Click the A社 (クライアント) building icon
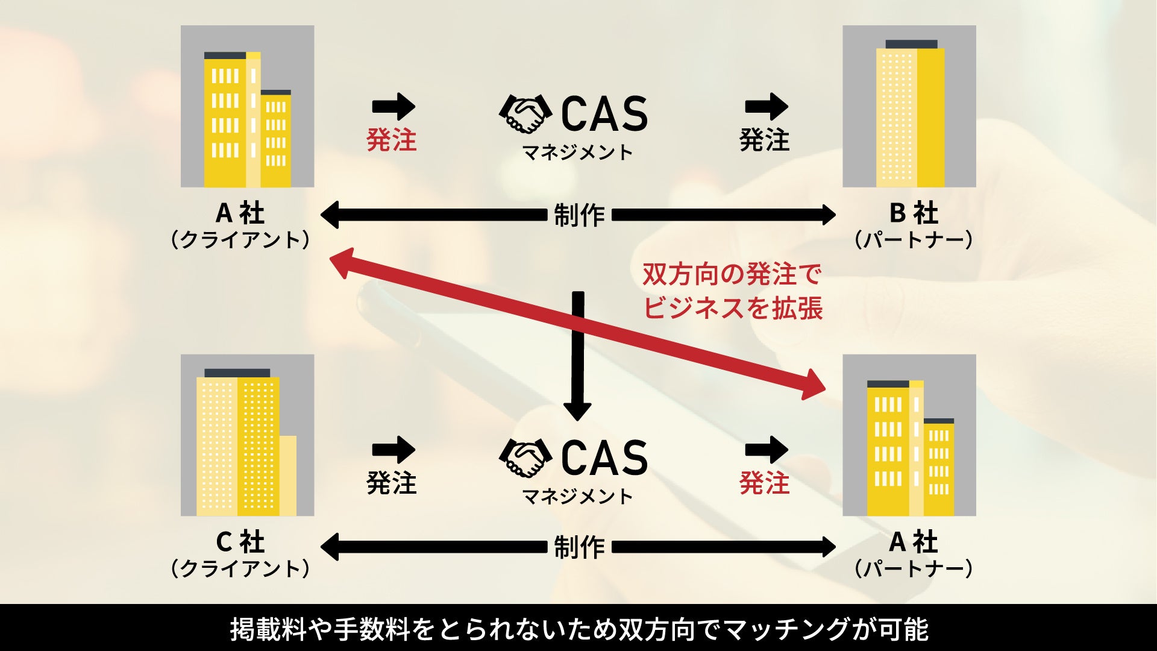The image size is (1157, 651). (247, 106)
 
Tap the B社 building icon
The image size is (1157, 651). (909, 106)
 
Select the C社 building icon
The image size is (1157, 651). (247, 435)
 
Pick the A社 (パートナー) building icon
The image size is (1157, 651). (909, 435)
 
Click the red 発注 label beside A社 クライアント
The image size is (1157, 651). (392, 140)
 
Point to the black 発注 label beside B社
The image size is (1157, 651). (764, 140)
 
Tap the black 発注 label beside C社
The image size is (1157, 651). (392, 483)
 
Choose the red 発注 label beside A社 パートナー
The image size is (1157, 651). (764, 483)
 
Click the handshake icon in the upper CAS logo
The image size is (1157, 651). (525, 113)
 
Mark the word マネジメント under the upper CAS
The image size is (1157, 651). (577, 153)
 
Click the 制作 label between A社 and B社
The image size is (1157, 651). (578, 215)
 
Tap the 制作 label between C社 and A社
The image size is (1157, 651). (578, 547)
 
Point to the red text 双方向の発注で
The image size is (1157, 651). (732, 274)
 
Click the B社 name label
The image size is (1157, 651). (914, 213)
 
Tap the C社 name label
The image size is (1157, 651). (240, 542)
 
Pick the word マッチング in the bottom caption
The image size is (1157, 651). (785, 629)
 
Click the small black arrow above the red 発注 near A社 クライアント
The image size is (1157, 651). (394, 107)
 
